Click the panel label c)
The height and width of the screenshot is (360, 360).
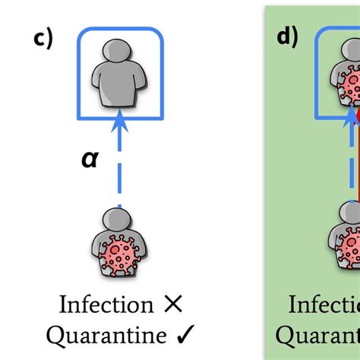[43, 39]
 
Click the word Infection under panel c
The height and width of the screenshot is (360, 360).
[106, 305]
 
